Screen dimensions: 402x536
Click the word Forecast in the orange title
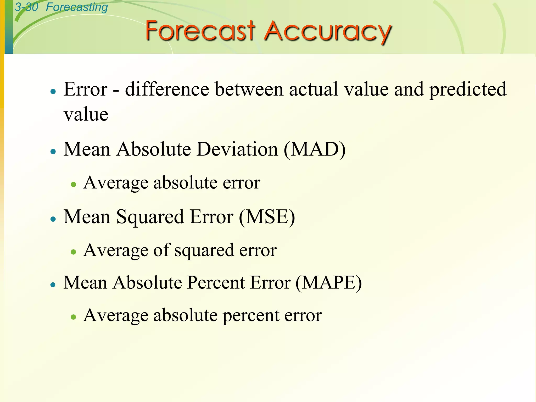coord(200,31)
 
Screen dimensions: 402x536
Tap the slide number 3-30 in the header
coord(26,7)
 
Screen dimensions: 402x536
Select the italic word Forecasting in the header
coord(77,7)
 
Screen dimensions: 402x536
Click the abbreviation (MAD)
coord(315,150)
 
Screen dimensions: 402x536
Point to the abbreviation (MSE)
coord(267,217)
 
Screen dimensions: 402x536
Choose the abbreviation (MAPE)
coord(328,283)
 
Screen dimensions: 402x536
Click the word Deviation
coord(237,149)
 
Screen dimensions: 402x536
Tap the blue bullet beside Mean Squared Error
coord(53,219)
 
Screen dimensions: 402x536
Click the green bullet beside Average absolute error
coord(74,185)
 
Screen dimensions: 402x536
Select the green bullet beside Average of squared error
coord(74,252)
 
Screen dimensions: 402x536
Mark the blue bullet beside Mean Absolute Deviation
coord(53,151)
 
